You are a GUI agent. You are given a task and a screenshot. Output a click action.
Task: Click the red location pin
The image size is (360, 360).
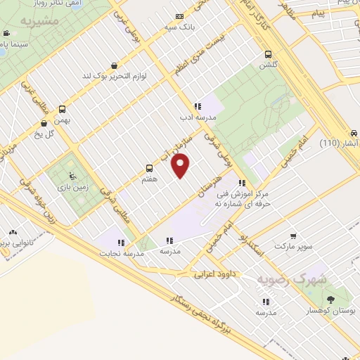(x=181, y=165)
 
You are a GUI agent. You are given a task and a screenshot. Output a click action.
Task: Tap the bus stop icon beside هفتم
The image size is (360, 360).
(x=149, y=168)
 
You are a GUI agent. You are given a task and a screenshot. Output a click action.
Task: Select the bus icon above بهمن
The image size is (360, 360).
(x=62, y=109)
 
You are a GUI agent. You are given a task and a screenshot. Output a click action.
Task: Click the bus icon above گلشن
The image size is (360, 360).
(x=268, y=54)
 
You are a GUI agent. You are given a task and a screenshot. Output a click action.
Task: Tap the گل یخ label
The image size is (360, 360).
(x=49, y=134)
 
